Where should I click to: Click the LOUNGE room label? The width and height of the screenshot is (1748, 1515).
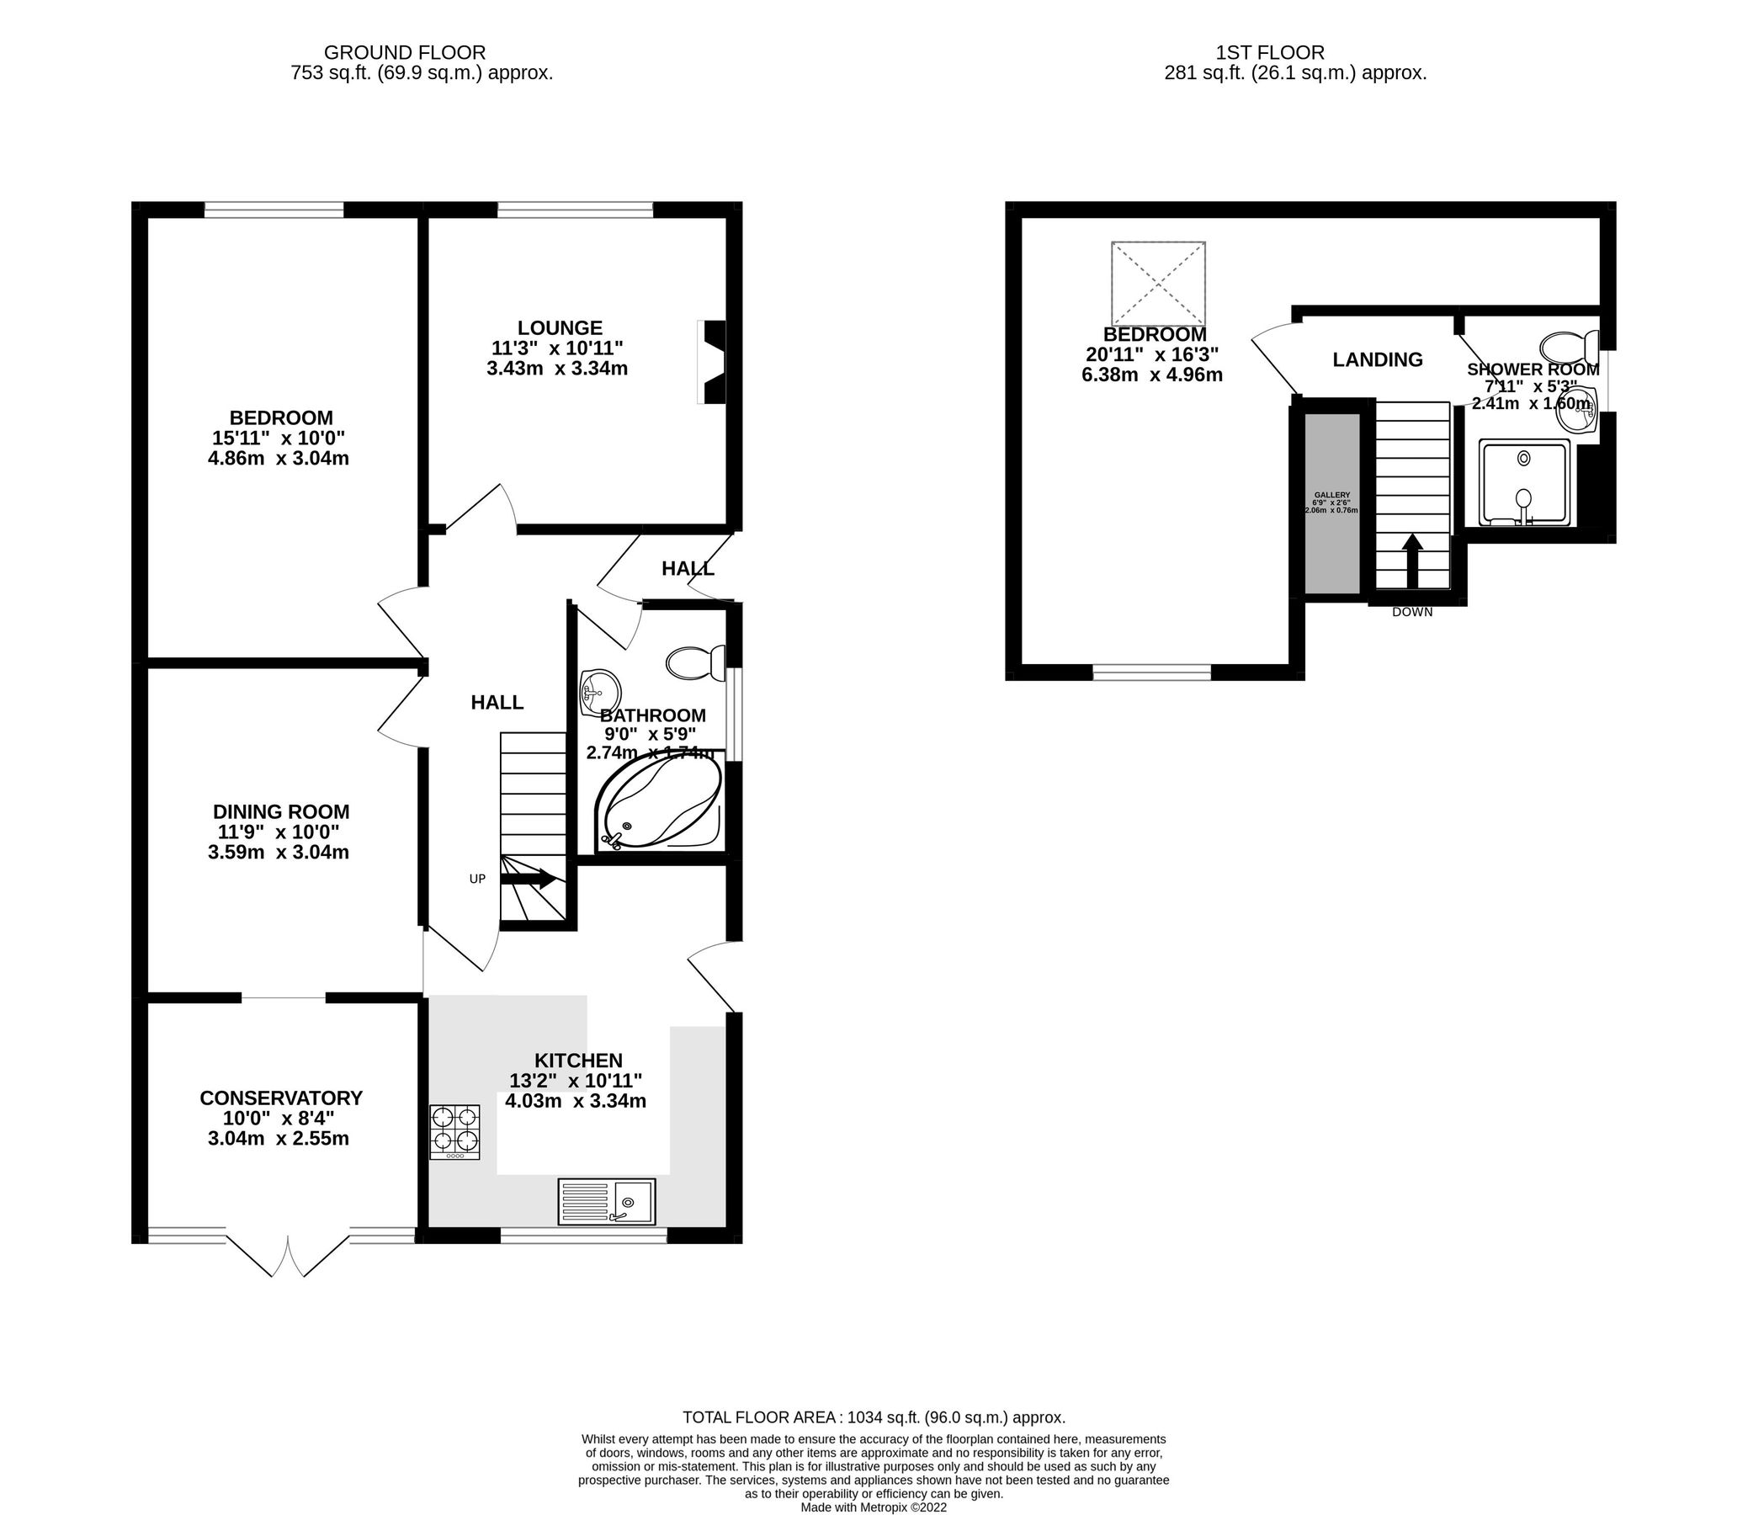(560, 327)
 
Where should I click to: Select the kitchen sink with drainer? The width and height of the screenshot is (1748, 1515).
(606, 1201)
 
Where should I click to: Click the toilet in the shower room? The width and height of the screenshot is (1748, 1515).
(1568, 347)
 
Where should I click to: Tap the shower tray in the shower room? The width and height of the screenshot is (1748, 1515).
(1524, 482)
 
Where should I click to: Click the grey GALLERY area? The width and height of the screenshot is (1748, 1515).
(1332, 503)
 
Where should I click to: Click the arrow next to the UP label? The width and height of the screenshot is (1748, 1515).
(529, 879)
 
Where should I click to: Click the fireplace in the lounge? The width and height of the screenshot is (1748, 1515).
(713, 362)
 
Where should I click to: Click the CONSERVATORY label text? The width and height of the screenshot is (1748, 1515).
(280, 1098)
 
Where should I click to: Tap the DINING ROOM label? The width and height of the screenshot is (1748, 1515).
(280, 811)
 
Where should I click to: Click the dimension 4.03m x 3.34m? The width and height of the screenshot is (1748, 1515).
(575, 1101)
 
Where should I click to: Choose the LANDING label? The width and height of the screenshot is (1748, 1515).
(1377, 359)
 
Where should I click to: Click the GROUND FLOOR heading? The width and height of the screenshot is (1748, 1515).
(405, 53)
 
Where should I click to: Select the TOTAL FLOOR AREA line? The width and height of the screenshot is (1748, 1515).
(873, 1417)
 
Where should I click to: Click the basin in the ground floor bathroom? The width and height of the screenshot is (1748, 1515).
(598, 688)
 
